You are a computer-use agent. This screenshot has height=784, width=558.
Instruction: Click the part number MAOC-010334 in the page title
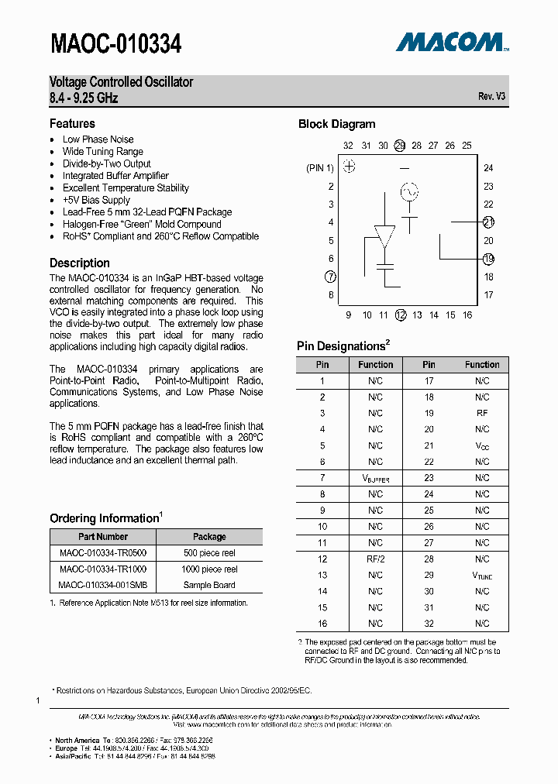point(115,45)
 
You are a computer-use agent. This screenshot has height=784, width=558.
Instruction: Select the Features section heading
point(72,124)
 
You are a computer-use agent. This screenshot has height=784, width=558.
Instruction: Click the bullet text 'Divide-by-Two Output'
point(107,163)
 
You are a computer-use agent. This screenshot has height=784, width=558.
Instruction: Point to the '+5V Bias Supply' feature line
point(96,200)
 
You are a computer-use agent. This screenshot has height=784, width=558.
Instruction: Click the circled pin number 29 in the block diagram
point(400,146)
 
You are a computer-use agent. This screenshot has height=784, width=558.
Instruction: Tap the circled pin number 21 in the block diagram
point(488,222)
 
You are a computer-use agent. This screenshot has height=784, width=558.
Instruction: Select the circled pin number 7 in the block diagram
point(331,277)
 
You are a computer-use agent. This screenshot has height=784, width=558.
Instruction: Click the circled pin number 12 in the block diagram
point(401,315)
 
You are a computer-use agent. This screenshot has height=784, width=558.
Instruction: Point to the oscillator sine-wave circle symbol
point(408,191)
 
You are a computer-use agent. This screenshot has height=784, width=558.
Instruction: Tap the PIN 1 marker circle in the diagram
point(350,167)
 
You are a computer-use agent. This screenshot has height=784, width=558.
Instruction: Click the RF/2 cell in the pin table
point(375,559)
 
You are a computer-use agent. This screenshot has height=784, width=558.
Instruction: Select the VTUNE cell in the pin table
point(482,576)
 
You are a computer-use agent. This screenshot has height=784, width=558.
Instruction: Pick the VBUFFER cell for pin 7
point(375,479)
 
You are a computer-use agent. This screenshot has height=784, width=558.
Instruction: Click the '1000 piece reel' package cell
point(209,569)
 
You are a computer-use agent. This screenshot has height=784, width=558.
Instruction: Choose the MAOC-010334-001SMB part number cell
point(103,585)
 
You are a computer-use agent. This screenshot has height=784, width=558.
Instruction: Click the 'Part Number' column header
point(103,536)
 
